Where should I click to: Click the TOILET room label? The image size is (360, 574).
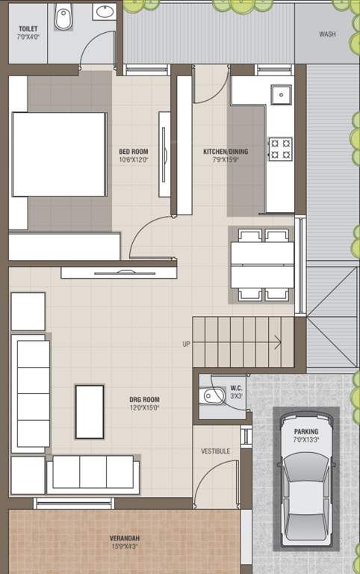tap(28, 28)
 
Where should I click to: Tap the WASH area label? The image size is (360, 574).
tap(327, 34)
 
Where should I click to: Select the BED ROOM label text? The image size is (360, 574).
tap(134, 151)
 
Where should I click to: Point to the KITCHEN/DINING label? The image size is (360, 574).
tap(226, 151)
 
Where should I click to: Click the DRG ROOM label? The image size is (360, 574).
tap(144, 399)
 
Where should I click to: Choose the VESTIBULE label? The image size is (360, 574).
tap(216, 451)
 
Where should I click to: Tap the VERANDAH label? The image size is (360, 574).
tap(125, 538)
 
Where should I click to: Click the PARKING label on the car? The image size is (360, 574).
tap(306, 431)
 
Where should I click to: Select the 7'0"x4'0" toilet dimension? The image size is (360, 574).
tap(28, 37)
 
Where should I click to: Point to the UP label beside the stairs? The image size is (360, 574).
tap(186, 344)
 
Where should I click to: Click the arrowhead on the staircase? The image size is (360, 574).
tap(279, 343)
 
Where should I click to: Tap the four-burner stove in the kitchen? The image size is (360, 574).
tap(281, 149)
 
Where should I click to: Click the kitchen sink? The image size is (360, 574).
tap(281, 95)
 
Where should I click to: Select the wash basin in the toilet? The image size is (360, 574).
tap(105, 12)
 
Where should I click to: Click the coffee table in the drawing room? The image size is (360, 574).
tap(90, 412)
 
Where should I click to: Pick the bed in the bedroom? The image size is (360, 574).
tap(59, 155)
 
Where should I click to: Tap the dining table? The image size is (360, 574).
tap(262, 265)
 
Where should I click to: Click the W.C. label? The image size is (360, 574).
tap(236, 388)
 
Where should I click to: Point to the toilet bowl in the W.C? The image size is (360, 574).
tap(214, 396)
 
